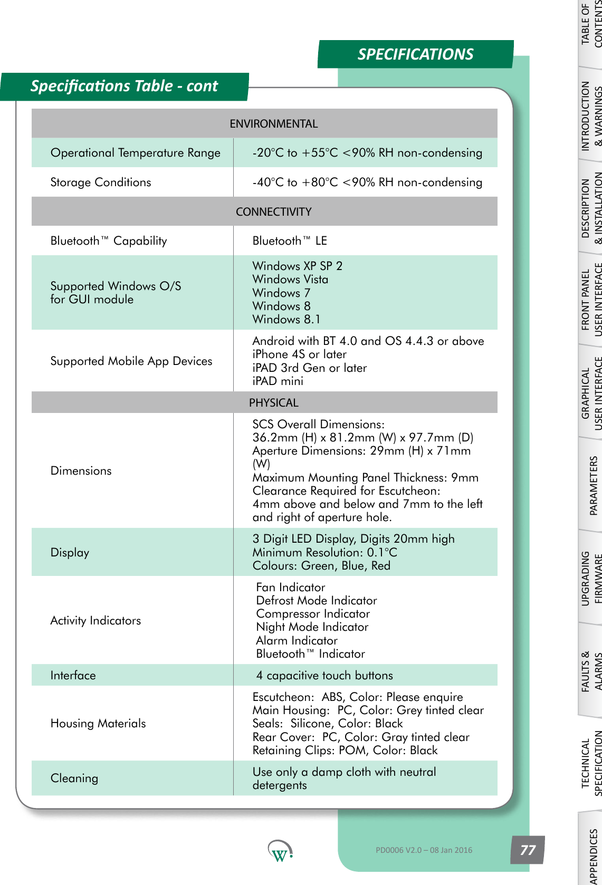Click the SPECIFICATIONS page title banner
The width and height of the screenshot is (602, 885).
(x=415, y=54)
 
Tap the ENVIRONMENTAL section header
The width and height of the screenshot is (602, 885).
(x=273, y=124)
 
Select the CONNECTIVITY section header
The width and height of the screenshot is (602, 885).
(x=273, y=212)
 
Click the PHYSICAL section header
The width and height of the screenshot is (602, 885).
(x=273, y=403)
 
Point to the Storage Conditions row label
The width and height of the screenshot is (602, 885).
(x=101, y=182)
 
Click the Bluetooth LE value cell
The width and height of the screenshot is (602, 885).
(x=290, y=241)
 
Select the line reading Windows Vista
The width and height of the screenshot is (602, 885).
(x=290, y=280)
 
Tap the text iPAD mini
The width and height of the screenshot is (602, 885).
(x=278, y=381)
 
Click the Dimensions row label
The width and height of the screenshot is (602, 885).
(x=81, y=471)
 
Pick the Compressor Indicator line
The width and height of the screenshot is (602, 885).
(x=313, y=614)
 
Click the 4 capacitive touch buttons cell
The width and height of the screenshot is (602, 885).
(x=324, y=676)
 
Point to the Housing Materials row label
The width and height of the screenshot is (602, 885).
(x=98, y=724)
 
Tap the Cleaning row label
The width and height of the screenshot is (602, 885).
(x=74, y=778)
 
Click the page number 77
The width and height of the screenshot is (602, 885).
(x=528, y=850)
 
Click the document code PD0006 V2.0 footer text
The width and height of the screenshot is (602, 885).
(x=424, y=850)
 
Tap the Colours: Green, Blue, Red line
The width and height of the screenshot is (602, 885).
(x=321, y=566)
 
